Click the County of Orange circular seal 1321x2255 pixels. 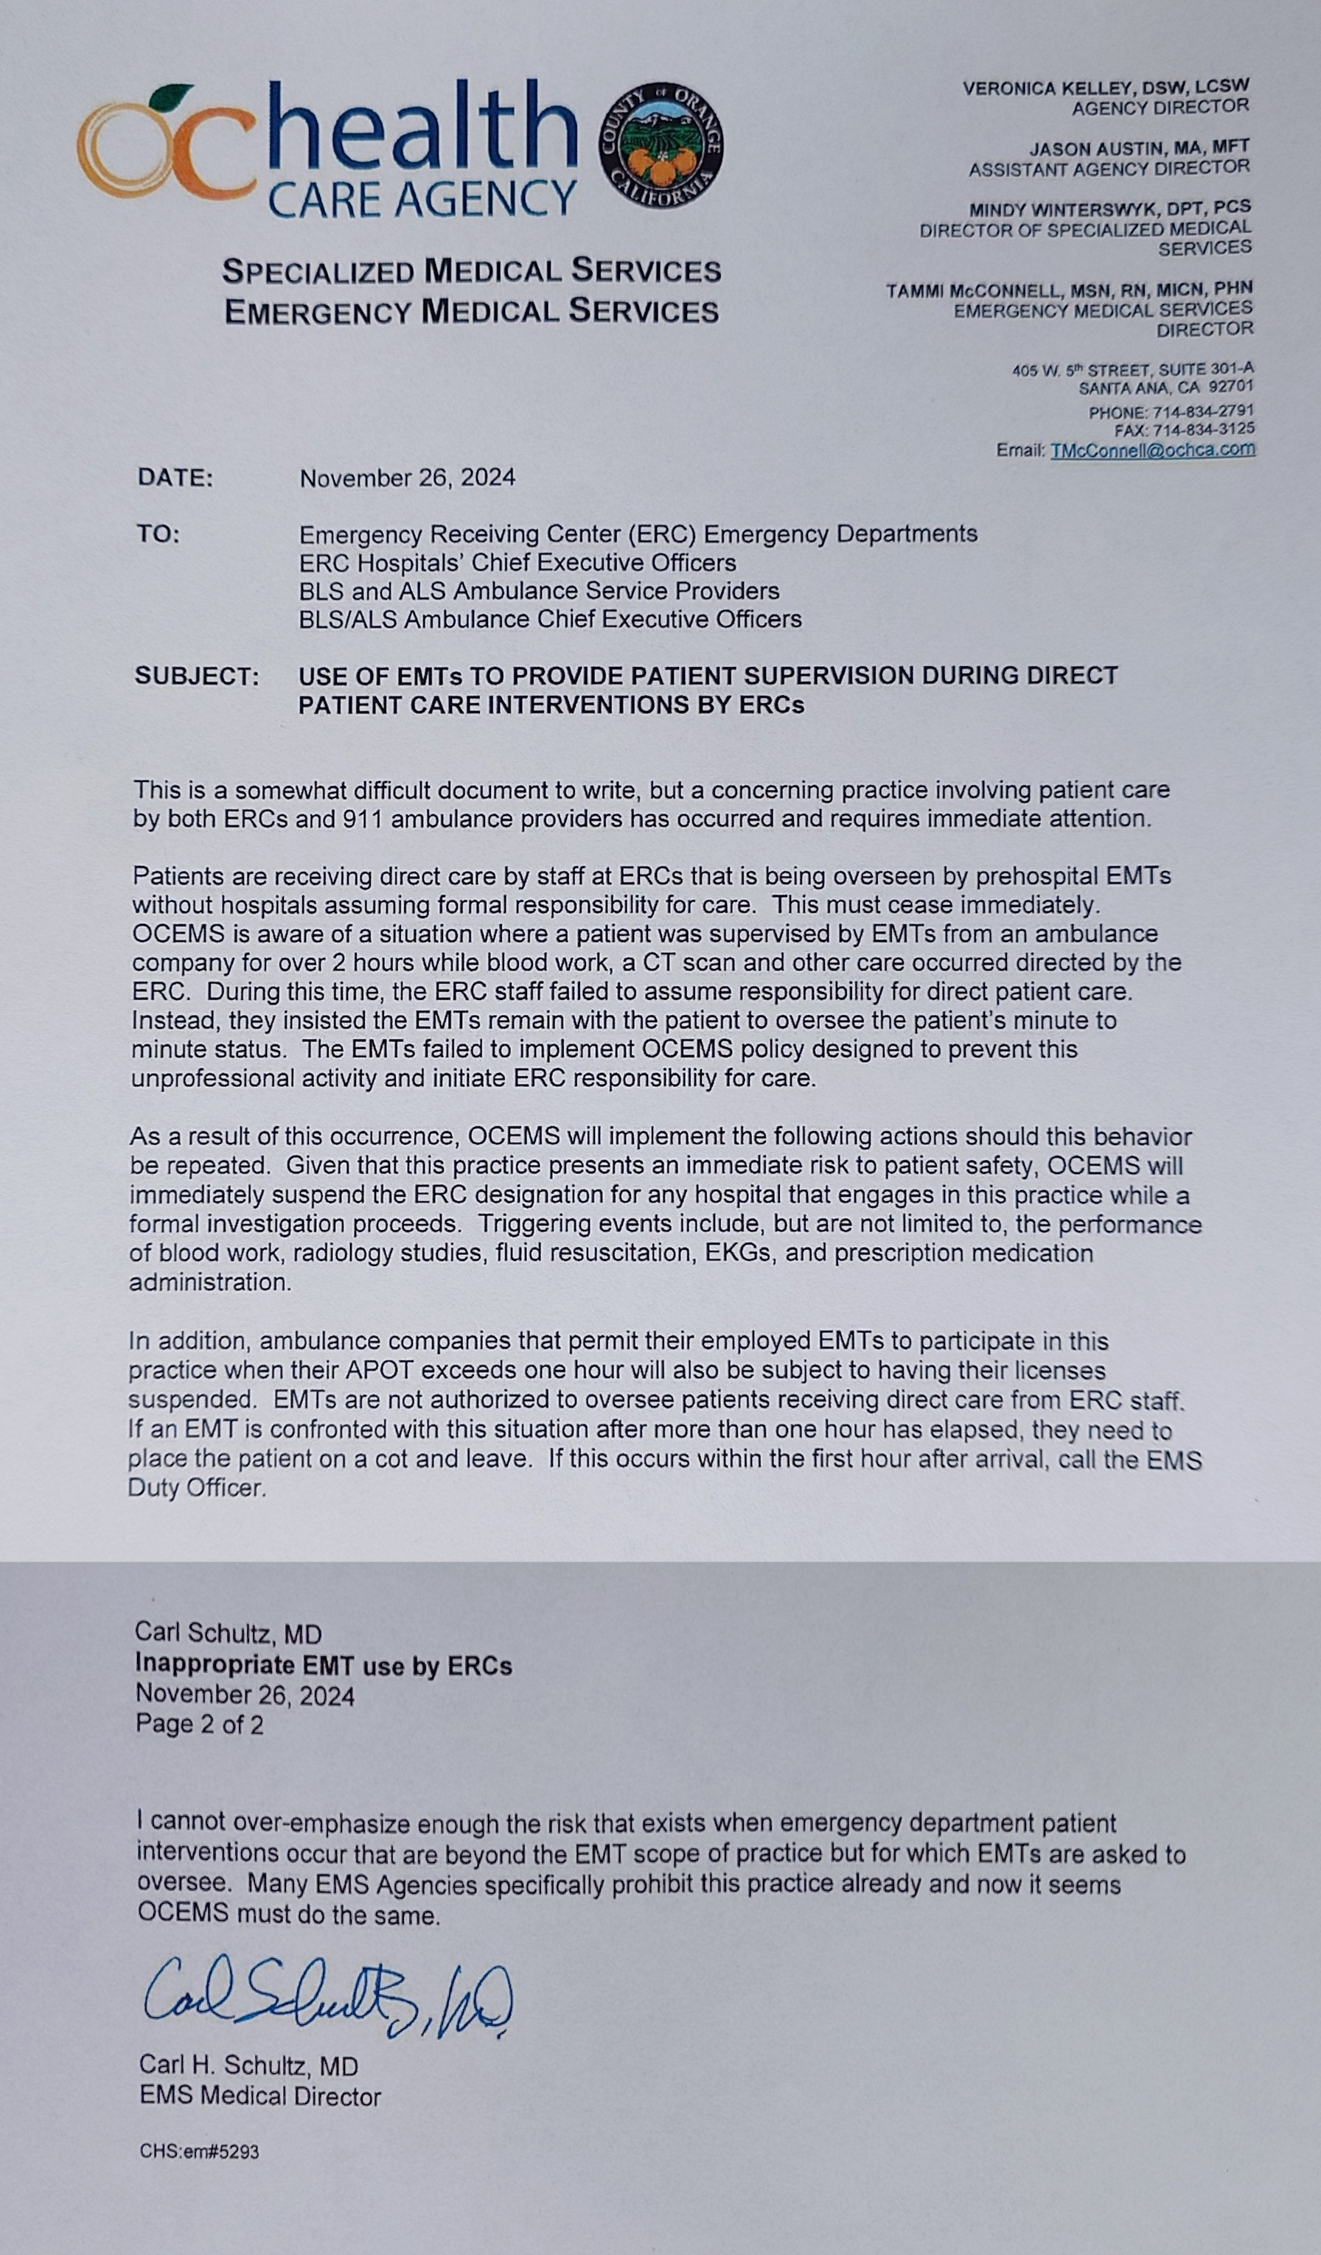661,145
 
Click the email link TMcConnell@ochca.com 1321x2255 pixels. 1153,450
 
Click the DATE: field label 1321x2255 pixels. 175,478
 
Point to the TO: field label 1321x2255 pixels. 158,534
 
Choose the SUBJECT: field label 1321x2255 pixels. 197,676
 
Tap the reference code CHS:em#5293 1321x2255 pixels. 199,2152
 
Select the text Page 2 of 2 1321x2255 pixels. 200,1724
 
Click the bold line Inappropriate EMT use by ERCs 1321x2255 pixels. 323,1665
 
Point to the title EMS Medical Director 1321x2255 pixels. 259,2097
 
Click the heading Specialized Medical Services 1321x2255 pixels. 471,270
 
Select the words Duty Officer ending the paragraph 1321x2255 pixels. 196,1488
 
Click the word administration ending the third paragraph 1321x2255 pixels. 209,1282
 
